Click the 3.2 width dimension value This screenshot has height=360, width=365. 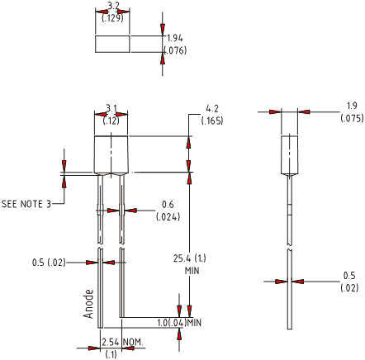click(x=113, y=6)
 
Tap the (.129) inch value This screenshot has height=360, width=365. click(x=112, y=18)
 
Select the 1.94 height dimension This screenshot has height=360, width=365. click(x=175, y=38)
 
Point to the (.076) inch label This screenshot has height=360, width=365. click(x=175, y=50)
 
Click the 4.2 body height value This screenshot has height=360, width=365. click(x=212, y=109)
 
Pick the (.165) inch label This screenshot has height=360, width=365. click(x=212, y=121)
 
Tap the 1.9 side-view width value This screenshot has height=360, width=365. click(x=352, y=106)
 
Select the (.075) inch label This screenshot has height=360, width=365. click(x=352, y=118)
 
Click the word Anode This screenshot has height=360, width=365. click(x=88, y=304)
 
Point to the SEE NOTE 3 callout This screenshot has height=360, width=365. click(x=26, y=204)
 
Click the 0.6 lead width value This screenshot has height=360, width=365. click(x=168, y=205)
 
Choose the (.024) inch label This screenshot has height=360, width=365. click(x=168, y=217)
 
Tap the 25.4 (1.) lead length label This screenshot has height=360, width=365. click(x=190, y=258)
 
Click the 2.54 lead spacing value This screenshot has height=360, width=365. click(x=111, y=342)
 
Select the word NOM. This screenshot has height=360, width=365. click(x=133, y=342)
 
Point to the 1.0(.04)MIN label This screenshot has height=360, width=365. click(x=179, y=323)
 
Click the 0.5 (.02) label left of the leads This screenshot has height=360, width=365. click(x=49, y=263)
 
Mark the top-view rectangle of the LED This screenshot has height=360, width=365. click(x=112, y=44)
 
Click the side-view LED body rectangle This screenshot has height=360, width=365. click(x=289, y=154)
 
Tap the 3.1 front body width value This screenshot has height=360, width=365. click(x=111, y=109)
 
